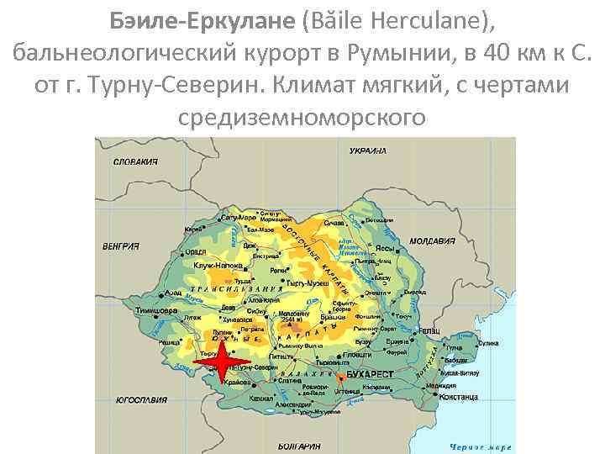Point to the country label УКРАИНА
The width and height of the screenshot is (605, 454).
click(x=366, y=150)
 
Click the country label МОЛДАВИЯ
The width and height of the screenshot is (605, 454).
click(x=431, y=240)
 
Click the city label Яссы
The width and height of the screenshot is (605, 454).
click(x=387, y=249)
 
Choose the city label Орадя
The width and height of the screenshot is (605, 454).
click(x=195, y=251)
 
